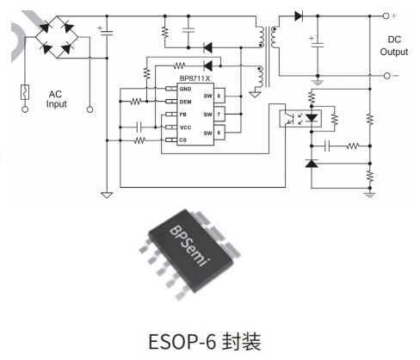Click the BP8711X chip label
point(195,78)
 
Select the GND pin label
point(185,89)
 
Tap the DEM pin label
point(185,102)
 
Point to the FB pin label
point(183,115)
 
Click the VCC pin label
point(185,127)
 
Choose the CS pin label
point(183,140)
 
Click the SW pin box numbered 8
point(219,96)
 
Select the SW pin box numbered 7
point(219,115)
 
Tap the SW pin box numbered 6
point(219,133)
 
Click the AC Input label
point(56,99)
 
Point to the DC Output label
point(394,46)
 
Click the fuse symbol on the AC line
point(25,92)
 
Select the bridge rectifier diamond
point(57,37)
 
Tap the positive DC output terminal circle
point(386,16)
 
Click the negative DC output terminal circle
point(387,76)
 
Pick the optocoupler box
point(300,119)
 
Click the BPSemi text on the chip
point(189,246)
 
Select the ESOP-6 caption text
point(205,341)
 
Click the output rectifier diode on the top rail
point(299,16)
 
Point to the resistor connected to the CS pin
point(140,140)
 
